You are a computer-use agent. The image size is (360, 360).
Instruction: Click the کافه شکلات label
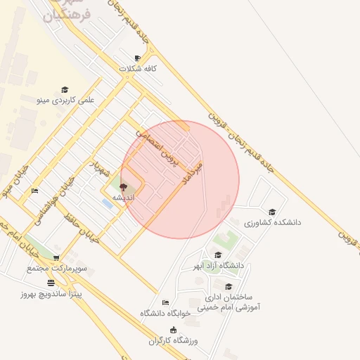pyautogui.click(x=137, y=69)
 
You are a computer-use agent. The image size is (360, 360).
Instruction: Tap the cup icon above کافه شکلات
pyautogui.click(x=137, y=58)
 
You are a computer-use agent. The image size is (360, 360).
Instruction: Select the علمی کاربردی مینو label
pyautogui.click(x=65, y=101)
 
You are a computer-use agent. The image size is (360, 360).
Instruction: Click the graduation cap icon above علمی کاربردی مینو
pyautogui.click(x=65, y=90)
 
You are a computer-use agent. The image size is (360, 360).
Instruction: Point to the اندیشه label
pyautogui.click(x=124, y=198)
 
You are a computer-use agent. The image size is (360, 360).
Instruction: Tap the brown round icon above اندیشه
pyautogui.click(x=124, y=188)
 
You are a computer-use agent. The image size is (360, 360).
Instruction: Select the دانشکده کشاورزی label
pyautogui.click(x=272, y=222)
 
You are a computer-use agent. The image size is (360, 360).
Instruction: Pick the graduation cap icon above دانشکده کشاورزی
pyautogui.click(x=272, y=212)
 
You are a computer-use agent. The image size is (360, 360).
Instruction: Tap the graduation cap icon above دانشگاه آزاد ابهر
pyautogui.click(x=218, y=255)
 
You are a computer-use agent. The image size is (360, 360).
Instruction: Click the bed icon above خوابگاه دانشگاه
pyautogui.click(x=165, y=303)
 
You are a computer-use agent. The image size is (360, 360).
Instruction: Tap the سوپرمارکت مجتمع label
pyautogui.click(x=56, y=269)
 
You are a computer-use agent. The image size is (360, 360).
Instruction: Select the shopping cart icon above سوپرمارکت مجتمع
pyautogui.click(x=56, y=258)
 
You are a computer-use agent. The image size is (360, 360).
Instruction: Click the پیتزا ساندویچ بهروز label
pyautogui.click(x=51, y=293)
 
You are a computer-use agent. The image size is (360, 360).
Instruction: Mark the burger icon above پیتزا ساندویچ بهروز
pyautogui.click(x=51, y=283)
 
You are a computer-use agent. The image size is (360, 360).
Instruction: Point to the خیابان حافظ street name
pyautogui.click(x=79, y=224)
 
